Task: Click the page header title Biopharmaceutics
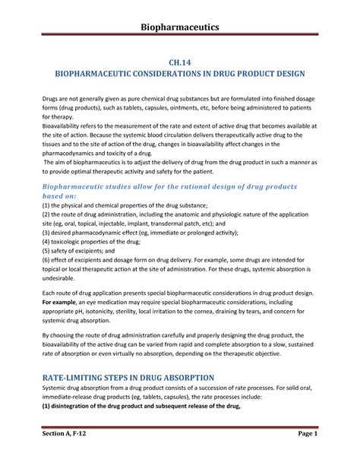click(179, 28)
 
